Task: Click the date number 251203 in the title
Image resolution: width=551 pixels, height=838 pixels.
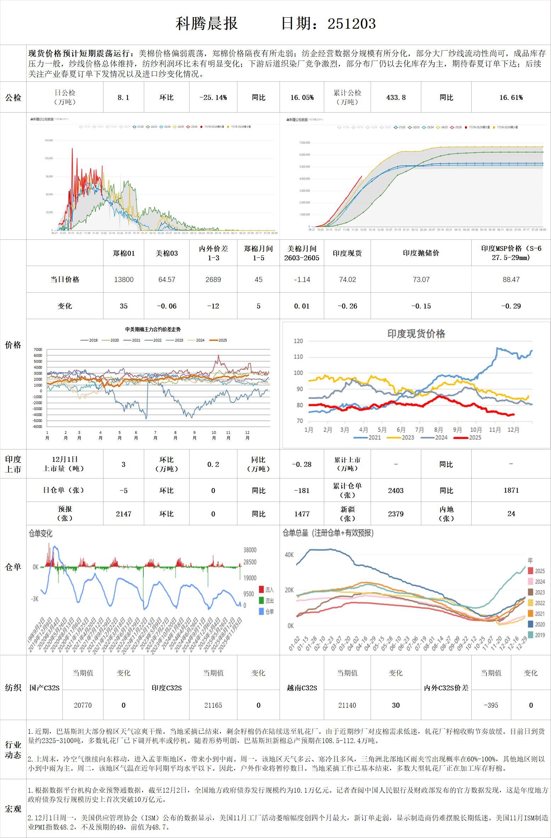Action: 352,24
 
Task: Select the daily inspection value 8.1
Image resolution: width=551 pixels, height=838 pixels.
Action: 123,97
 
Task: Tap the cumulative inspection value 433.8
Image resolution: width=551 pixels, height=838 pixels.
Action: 396,97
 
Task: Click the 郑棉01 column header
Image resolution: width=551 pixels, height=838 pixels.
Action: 124,253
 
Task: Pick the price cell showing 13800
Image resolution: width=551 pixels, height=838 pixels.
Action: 124,279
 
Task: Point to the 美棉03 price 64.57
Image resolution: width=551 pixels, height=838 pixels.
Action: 167,279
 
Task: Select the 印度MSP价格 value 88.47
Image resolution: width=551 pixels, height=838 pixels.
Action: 511,279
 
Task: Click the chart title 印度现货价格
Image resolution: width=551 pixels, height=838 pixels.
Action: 416,334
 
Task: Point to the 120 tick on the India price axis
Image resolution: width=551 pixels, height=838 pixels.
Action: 299,341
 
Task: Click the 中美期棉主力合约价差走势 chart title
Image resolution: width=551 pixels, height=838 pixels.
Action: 153,329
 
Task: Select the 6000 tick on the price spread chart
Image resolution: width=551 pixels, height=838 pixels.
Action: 38,355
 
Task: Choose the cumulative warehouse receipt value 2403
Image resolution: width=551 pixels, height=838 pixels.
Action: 396,491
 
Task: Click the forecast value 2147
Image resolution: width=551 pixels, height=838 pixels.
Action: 124,514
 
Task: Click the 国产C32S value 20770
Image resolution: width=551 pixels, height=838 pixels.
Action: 83,705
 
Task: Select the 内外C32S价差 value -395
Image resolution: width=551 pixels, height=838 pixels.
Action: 491,705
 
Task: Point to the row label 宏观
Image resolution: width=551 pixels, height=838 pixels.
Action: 13,809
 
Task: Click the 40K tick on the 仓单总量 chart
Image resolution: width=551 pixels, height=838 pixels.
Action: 289,555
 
